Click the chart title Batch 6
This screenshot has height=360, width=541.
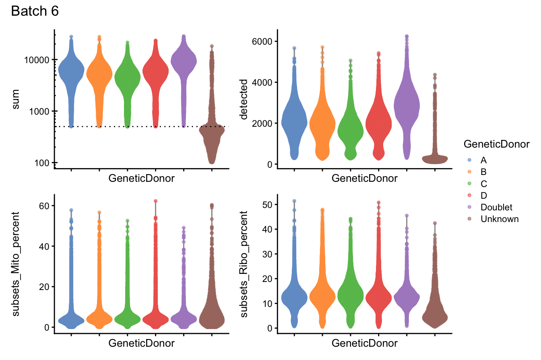(35, 12)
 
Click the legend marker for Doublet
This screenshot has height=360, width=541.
(469, 208)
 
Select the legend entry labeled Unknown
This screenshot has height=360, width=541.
(499, 219)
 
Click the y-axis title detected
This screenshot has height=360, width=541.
(244, 99)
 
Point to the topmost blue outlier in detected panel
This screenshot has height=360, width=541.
(294, 48)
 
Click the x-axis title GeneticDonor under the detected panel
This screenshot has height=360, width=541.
(364, 179)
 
